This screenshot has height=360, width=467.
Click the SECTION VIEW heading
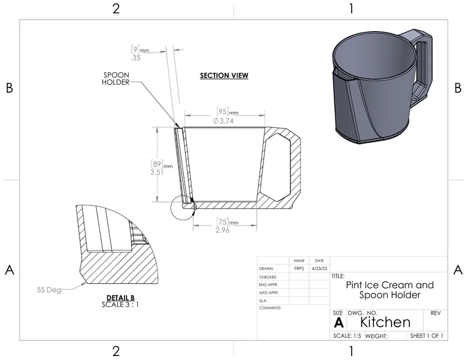[224, 75]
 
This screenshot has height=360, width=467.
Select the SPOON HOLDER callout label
[115, 78]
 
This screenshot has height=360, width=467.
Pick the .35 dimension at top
[135, 58]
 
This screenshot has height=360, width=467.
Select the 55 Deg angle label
[48, 290]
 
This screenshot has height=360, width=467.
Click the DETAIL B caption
[120, 297]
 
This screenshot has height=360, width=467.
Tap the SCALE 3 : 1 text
[120, 304]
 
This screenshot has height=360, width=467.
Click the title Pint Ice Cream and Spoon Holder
[389, 290]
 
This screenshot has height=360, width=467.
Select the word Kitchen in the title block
[385, 321]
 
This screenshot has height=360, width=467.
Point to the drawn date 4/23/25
[319, 268]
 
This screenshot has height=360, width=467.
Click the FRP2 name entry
[299, 268]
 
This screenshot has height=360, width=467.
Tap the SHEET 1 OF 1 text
[426, 336]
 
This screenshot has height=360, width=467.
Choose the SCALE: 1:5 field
[347, 336]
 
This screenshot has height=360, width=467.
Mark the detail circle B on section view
[183, 207]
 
